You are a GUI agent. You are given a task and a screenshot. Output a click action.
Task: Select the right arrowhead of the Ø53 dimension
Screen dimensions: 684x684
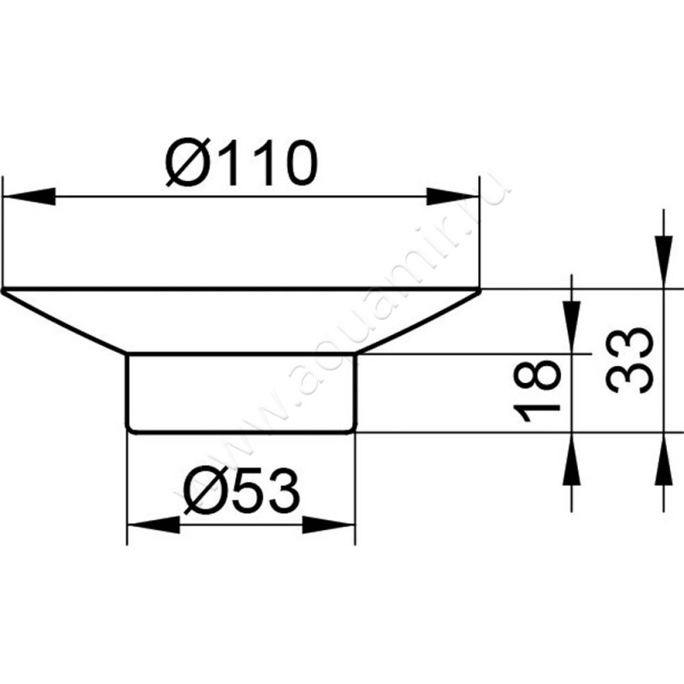[330, 523]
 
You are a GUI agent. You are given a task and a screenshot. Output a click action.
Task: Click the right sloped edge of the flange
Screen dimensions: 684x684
[417, 322]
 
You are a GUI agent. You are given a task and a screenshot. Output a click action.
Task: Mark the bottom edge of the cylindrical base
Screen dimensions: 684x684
[240, 431]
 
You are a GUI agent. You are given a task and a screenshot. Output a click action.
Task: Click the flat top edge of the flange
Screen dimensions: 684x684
[240, 290]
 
